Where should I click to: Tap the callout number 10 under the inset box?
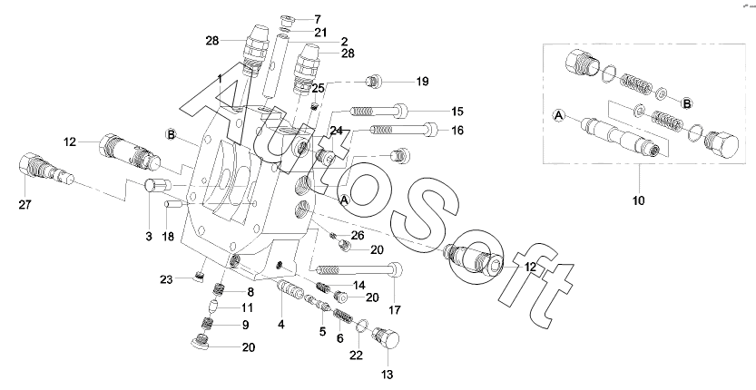click(638, 199)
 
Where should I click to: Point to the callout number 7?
click(318, 18)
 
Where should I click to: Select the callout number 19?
click(422, 82)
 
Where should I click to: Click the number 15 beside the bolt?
click(457, 111)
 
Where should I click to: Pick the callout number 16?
click(457, 131)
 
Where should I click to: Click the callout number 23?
click(166, 279)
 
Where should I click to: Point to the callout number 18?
click(167, 236)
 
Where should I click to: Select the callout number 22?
click(356, 354)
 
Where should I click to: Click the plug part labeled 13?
click(387, 341)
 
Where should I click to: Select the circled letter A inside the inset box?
click(559, 116)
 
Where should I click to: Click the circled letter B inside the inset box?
click(687, 102)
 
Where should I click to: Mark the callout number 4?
click(281, 324)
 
